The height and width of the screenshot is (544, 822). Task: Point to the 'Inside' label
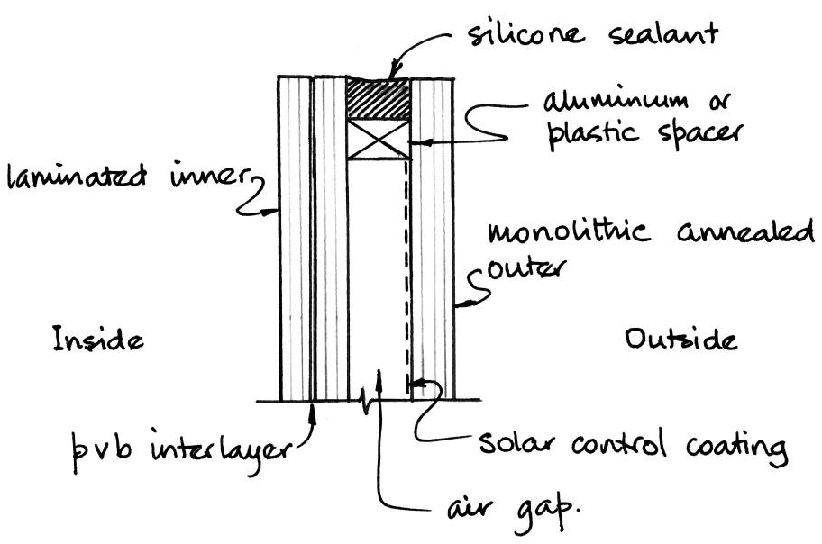[x=98, y=341]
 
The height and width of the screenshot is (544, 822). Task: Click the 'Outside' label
[x=680, y=340]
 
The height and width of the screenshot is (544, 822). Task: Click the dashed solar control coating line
[x=408, y=270]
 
